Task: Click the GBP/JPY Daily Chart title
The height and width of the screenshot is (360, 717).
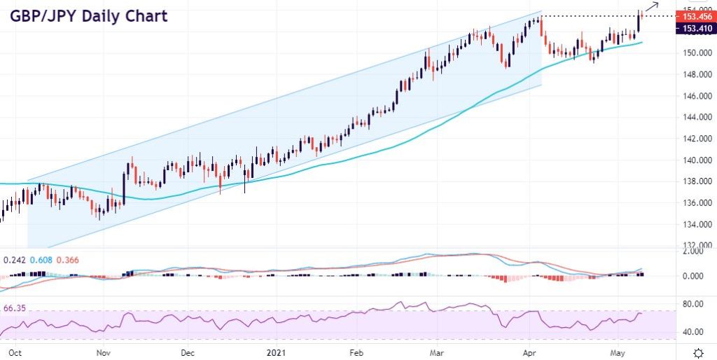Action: pyautogui.click(x=88, y=15)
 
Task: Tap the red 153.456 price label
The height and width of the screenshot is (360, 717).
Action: pyautogui.click(x=693, y=16)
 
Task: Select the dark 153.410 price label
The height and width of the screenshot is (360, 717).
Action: pyautogui.click(x=693, y=28)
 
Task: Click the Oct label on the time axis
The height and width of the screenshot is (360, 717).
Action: pyautogui.click(x=13, y=352)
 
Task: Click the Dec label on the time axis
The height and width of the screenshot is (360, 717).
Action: pyautogui.click(x=187, y=352)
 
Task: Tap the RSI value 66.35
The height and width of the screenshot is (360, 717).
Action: pyautogui.click(x=15, y=307)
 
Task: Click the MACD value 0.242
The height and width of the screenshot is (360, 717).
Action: pyautogui.click(x=15, y=259)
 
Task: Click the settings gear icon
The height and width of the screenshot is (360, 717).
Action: pyautogui.click(x=698, y=352)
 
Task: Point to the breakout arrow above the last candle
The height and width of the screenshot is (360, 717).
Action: pyautogui.click(x=650, y=7)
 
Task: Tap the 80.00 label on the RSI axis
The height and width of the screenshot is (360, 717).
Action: pyautogui.click(x=693, y=304)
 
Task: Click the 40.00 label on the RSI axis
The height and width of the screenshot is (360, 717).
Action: pyautogui.click(x=693, y=332)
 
